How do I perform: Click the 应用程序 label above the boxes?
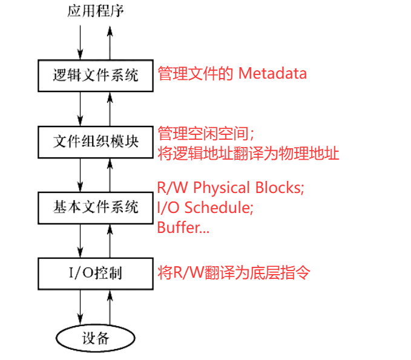[95, 11]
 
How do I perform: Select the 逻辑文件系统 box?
[95, 75]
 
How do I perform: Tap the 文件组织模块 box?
[95, 142]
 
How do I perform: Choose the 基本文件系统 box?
[95, 208]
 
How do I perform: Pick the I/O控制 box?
[95, 273]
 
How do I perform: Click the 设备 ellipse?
[95, 338]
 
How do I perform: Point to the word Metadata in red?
[272, 74]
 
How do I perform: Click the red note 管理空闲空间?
[205, 133]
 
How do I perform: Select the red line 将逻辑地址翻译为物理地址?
[248, 152]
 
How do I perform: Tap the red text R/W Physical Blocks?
[230, 188]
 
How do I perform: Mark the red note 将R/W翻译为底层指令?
[234, 273]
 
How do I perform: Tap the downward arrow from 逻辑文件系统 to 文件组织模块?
[81, 108]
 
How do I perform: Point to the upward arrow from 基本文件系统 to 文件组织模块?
[110, 175]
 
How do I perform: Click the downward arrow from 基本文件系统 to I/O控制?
[81, 240]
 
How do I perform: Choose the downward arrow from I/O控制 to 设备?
[81, 307]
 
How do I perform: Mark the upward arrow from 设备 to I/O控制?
[110, 307]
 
